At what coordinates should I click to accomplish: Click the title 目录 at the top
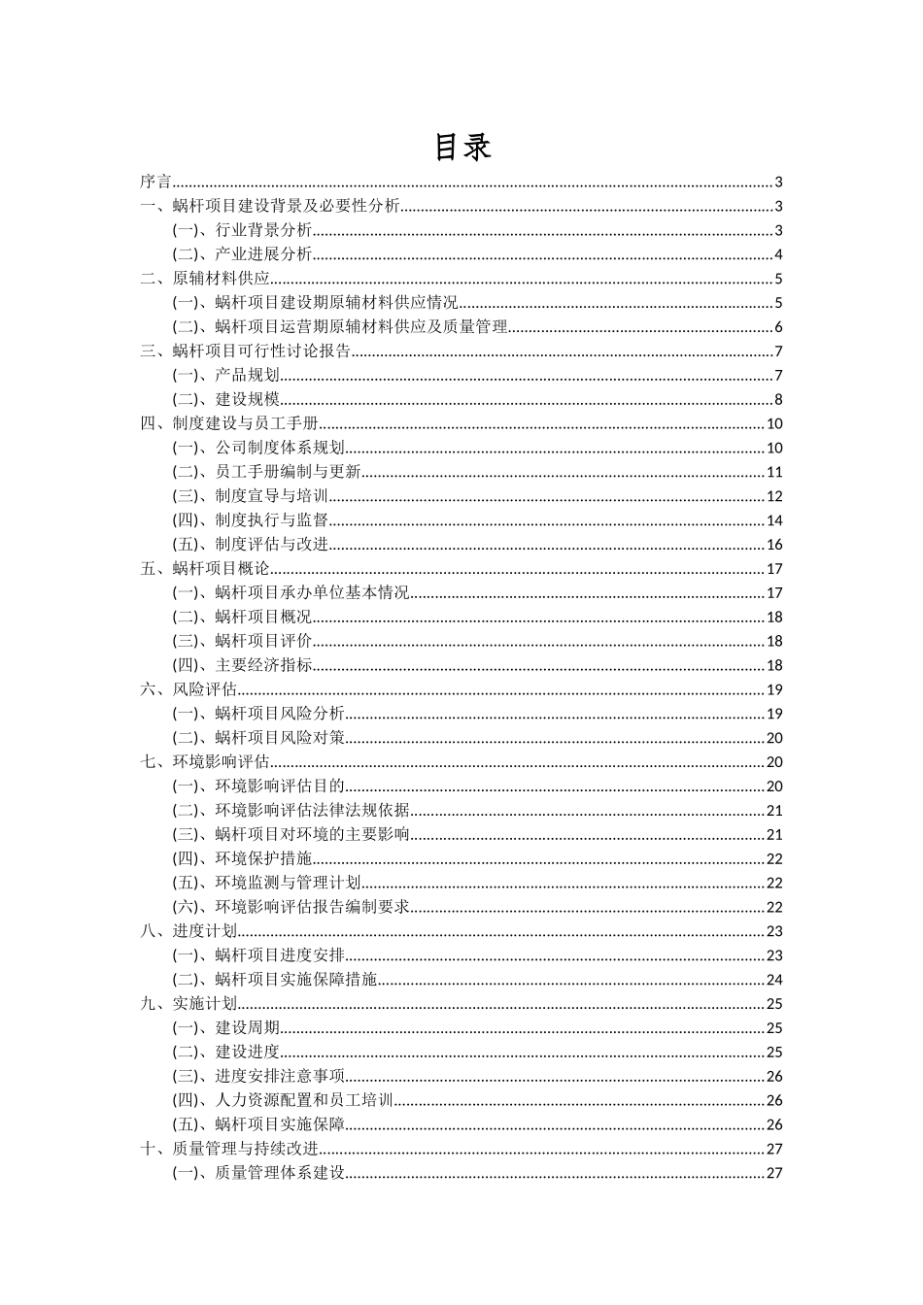click(461, 147)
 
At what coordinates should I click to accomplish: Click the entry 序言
click(155, 182)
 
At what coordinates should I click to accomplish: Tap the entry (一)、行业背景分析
click(242, 230)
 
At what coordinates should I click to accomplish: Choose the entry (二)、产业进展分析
click(242, 254)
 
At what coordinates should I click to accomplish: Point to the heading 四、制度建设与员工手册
click(229, 423)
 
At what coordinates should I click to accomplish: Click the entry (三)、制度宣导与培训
click(251, 496)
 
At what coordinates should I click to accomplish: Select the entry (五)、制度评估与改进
click(251, 545)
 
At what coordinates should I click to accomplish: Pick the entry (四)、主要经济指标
click(242, 665)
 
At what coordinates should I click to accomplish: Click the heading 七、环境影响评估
click(205, 762)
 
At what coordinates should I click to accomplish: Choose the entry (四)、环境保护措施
click(242, 858)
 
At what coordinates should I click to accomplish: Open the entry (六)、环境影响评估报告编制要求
click(291, 907)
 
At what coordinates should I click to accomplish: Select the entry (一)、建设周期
click(226, 1027)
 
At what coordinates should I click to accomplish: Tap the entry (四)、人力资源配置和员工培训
click(283, 1100)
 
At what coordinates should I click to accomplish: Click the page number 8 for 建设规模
click(778, 400)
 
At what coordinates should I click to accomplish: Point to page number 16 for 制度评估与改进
click(774, 545)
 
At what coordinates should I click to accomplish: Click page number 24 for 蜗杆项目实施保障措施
click(774, 980)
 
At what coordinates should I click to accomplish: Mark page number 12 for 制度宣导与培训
click(774, 496)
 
